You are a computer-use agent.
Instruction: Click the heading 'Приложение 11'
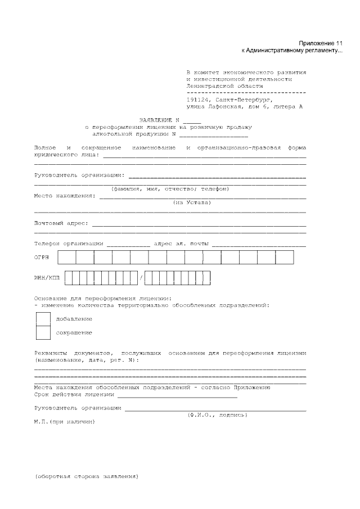point(320,43)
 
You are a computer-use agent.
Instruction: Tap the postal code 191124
point(199,98)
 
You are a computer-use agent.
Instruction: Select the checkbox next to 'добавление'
point(43,319)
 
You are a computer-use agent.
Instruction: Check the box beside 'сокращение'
point(43,333)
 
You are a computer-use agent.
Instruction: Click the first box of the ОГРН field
point(67,257)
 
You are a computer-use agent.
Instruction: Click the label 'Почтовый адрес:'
point(61,223)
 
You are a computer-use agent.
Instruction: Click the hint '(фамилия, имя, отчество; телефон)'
point(170,188)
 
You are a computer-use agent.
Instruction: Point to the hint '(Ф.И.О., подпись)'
point(217,415)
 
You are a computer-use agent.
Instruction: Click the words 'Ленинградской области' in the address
point(224,86)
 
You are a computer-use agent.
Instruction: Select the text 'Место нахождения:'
point(65,196)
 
